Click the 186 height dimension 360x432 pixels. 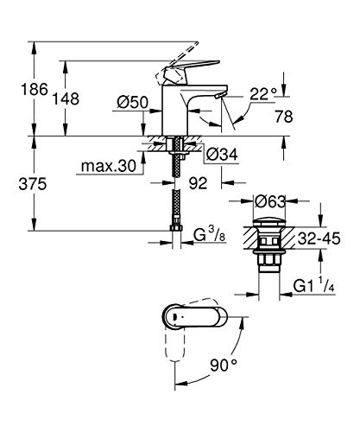[35, 89]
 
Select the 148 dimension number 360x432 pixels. [66, 98]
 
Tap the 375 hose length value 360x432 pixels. [33, 184]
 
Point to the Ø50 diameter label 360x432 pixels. [133, 102]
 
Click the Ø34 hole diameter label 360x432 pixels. [222, 154]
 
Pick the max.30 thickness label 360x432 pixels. [109, 166]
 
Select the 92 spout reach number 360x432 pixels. [199, 183]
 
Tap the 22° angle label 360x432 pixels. [263, 93]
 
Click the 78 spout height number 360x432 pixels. [284, 117]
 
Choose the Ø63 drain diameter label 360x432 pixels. [270, 201]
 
